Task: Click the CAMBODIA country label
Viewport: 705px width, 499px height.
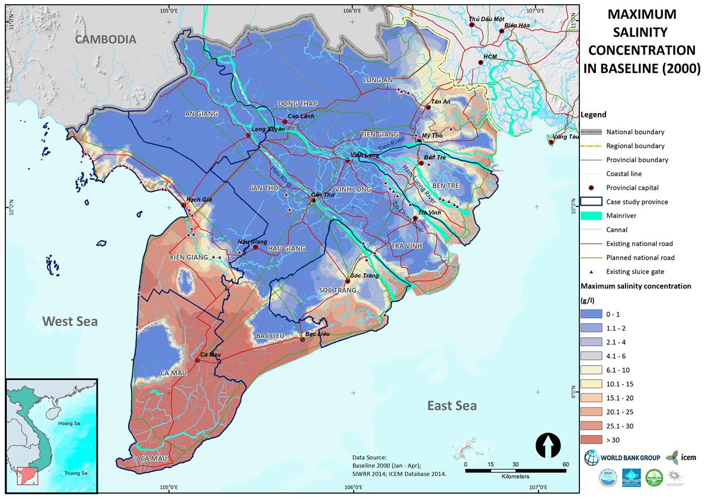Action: pos(105,40)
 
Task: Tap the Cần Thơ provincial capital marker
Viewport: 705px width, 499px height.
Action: pos(315,200)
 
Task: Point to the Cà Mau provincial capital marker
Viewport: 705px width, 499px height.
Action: pos(198,360)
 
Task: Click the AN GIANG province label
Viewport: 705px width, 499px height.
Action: pos(201,114)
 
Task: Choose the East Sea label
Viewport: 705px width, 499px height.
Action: pos(451,406)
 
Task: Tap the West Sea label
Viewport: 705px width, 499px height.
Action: pos(69,321)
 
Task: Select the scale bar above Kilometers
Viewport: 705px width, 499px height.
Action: pos(515,471)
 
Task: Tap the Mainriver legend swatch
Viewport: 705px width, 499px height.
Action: pos(593,216)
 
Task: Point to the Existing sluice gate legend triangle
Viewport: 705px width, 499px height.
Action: pos(593,272)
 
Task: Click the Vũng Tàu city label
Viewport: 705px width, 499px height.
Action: pos(564,136)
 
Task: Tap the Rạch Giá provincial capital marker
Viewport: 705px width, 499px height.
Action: pos(183,206)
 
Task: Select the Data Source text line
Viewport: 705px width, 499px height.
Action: pos(370,458)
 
